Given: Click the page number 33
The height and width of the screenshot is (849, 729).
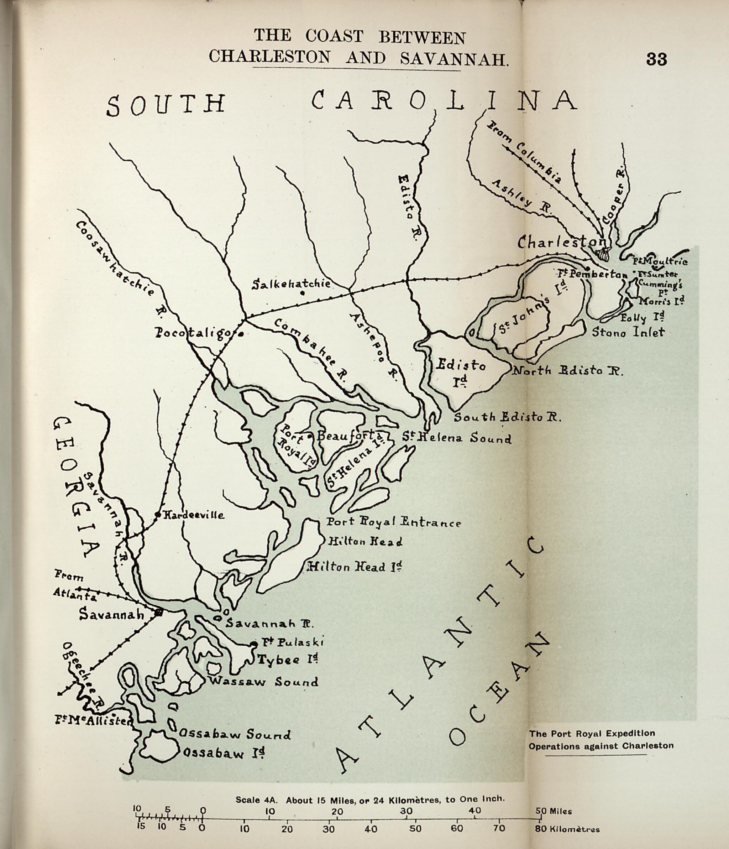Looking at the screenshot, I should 656,59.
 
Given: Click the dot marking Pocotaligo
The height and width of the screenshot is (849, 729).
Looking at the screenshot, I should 241,334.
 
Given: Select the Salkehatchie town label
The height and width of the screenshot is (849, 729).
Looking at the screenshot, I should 291,284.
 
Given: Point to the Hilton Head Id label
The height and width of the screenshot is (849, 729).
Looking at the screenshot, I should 354,567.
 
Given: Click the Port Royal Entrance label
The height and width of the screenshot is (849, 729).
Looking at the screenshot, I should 393,522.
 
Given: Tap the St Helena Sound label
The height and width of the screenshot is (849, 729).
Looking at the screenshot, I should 456,438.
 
